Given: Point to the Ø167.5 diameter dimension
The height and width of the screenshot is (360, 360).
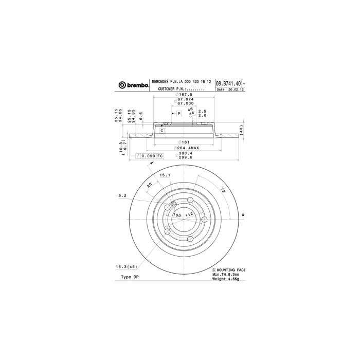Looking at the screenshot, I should (184, 95).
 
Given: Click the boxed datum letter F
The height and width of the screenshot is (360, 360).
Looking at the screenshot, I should (178, 112).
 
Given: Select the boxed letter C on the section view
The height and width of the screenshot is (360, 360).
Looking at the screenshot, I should (161, 131).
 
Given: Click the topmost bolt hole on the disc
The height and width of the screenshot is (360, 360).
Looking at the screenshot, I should (190, 200).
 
